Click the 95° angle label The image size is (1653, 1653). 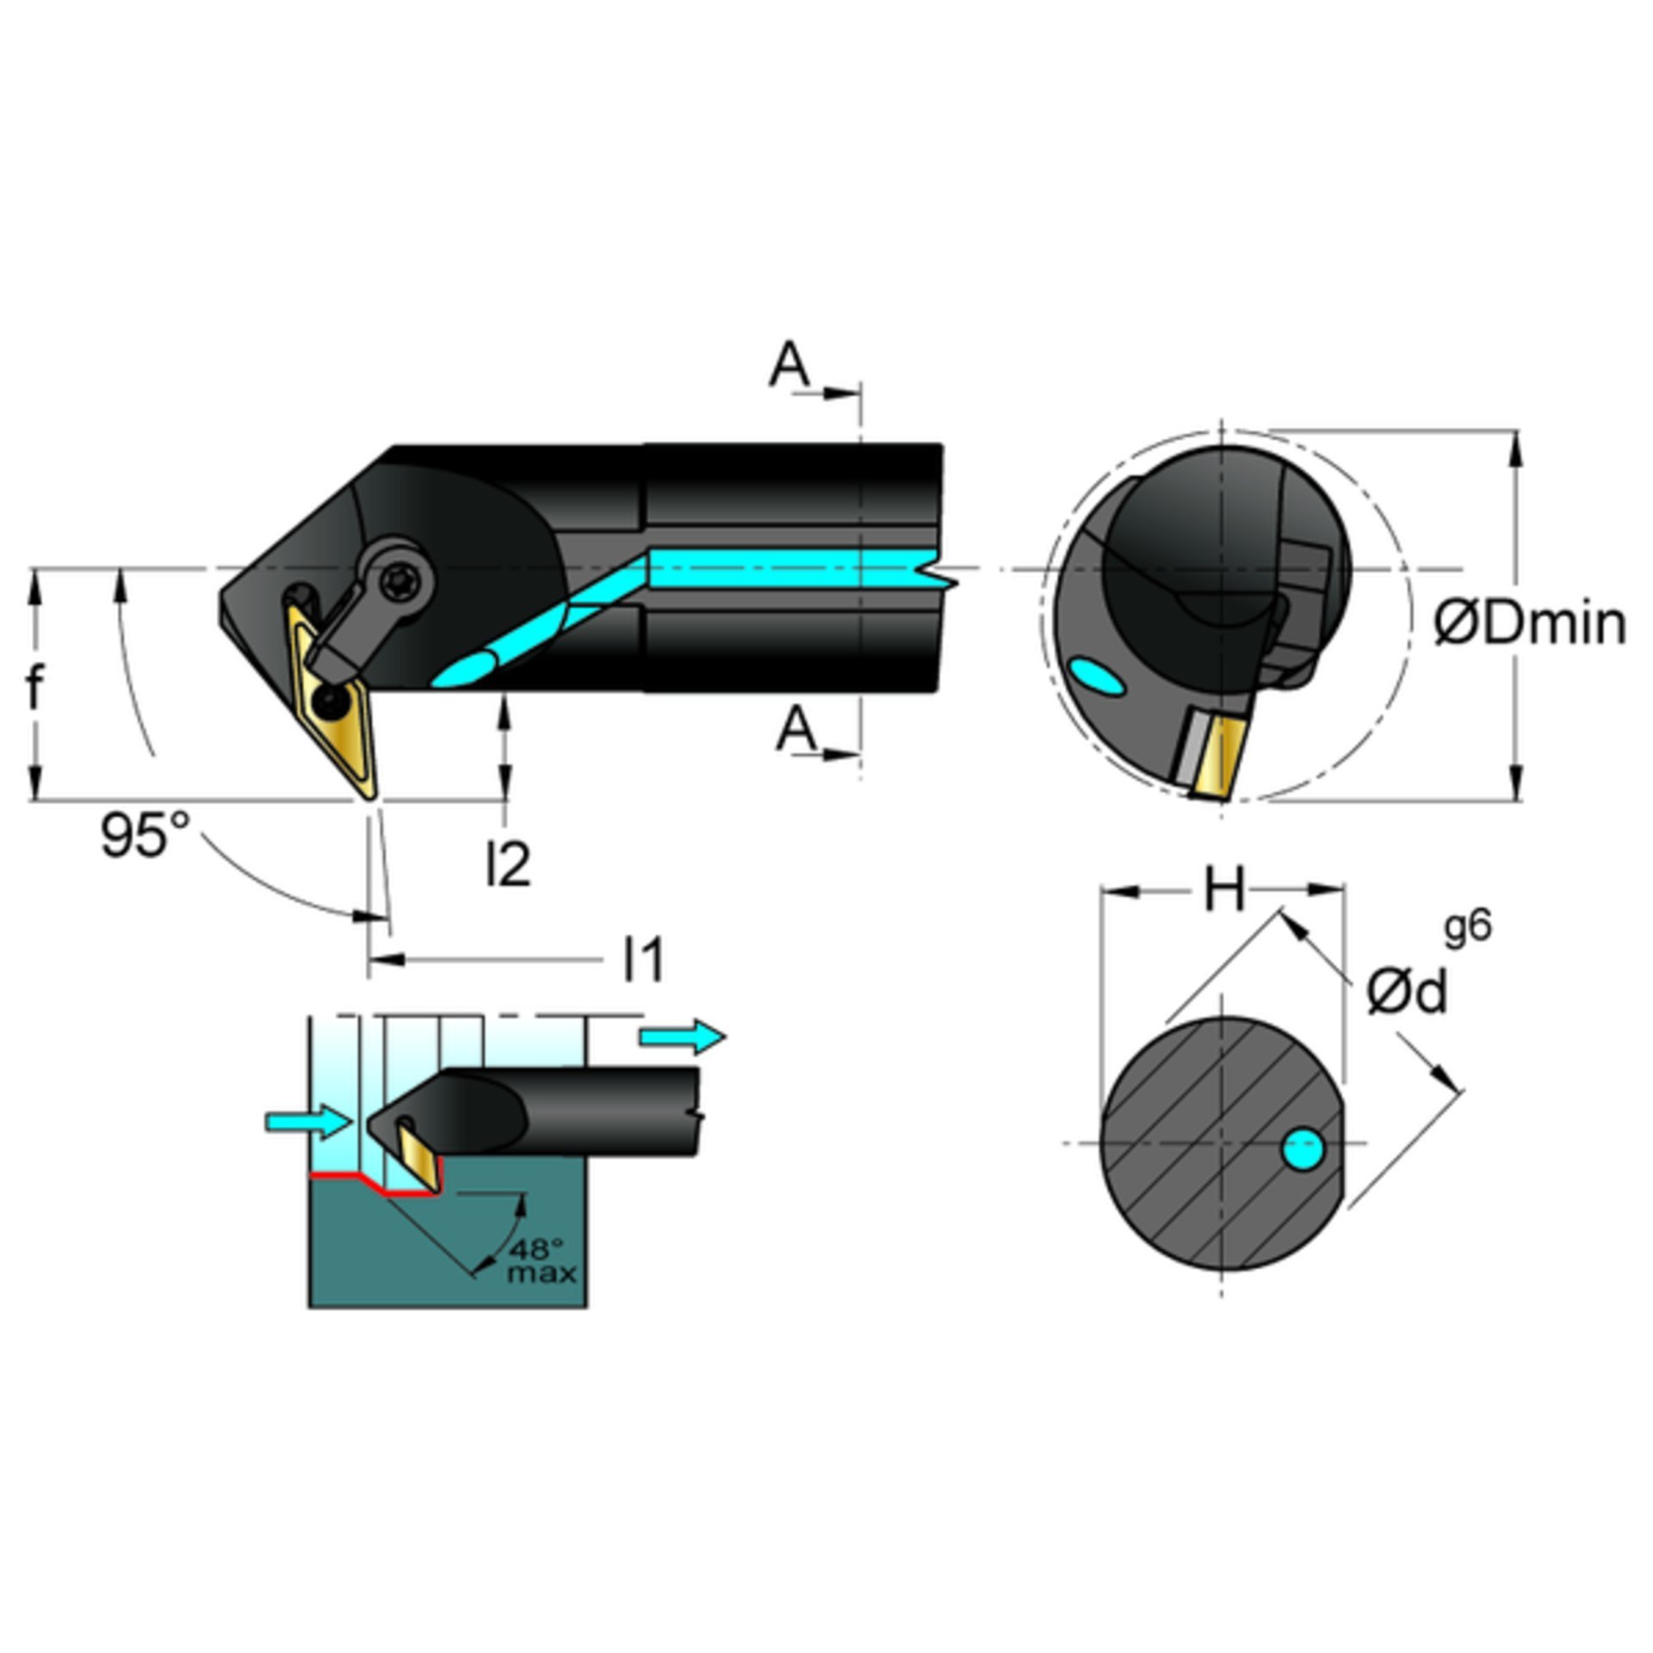point(144,834)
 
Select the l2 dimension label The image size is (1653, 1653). point(508,864)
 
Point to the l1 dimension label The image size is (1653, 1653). point(644,959)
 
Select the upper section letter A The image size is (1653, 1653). point(789,365)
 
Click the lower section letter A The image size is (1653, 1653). point(795,730)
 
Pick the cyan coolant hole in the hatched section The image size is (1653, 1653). point(1303,1150)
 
